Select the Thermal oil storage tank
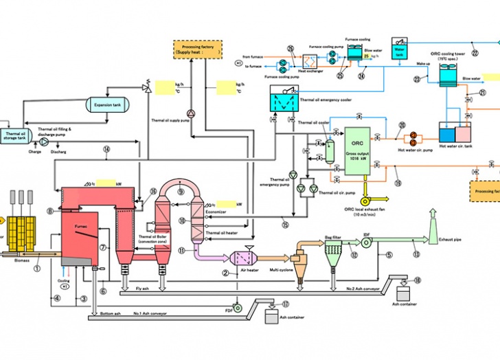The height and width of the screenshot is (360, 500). pos(14,135)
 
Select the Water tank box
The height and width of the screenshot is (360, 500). pos(400,49)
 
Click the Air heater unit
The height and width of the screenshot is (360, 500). pos(244,258)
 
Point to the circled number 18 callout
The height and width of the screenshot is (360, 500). pos(418,280)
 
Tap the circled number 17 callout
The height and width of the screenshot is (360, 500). pos(286,304)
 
